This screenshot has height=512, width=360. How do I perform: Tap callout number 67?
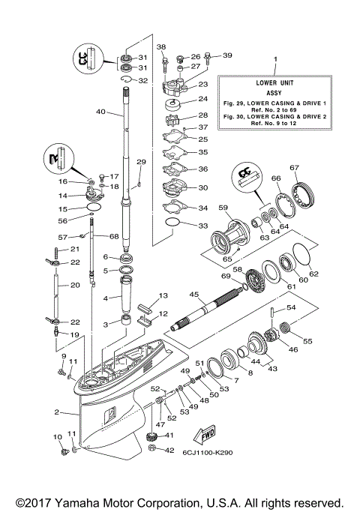point(295,167)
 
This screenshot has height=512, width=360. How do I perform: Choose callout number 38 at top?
point(160,47)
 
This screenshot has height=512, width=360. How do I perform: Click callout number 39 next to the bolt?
point(227,55)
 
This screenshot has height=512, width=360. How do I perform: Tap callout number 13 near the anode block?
point(162,296)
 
